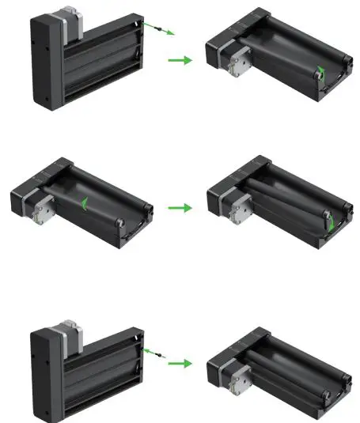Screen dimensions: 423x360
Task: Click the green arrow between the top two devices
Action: pos(180,60)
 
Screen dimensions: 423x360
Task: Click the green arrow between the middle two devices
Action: pos(180,208)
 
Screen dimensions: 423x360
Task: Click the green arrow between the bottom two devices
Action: pos(180,363)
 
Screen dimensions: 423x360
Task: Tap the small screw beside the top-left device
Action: pos(165,29)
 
